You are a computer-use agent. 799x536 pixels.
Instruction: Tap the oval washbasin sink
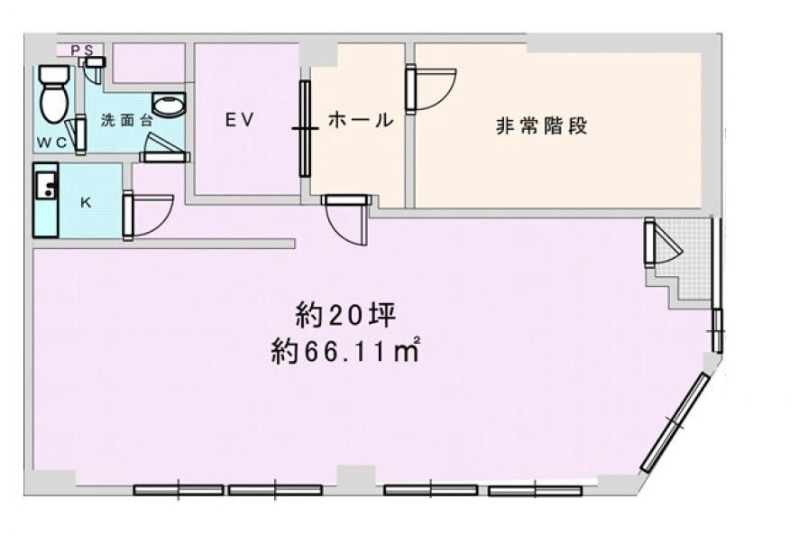point(169,106)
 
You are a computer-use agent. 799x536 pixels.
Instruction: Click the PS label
point(81,51)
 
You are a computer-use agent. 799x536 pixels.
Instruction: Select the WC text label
point(51,143)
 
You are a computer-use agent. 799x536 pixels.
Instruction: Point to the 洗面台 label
point(121,119)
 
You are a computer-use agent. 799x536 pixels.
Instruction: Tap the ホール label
point(360,119)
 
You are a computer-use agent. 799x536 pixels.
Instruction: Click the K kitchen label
point(86,202)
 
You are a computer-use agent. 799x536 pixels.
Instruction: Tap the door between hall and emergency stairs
point(427,88)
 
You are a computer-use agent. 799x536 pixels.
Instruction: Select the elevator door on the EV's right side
point(305,128)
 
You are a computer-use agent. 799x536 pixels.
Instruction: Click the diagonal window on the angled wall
point(675,422)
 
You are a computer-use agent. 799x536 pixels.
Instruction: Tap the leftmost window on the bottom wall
point(179,490)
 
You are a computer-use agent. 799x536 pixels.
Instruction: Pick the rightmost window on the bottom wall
point(536,491)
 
